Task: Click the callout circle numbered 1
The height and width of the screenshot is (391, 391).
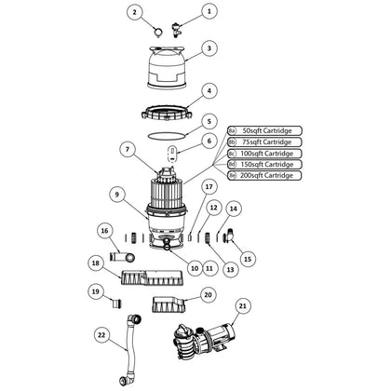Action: [x=209, y=11]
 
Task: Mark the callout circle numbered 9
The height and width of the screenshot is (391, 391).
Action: [x=117, y=194]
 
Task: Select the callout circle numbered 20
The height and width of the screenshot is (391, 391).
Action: [x=208, y=294]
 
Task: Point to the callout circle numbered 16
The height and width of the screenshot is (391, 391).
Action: [x=104, y=229]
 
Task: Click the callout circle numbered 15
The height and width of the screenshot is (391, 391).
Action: [x=247, y=258]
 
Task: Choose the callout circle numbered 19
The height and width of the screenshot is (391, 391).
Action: [x=95, y=291]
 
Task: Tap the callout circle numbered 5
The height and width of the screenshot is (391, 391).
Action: [x=209, y=120]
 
